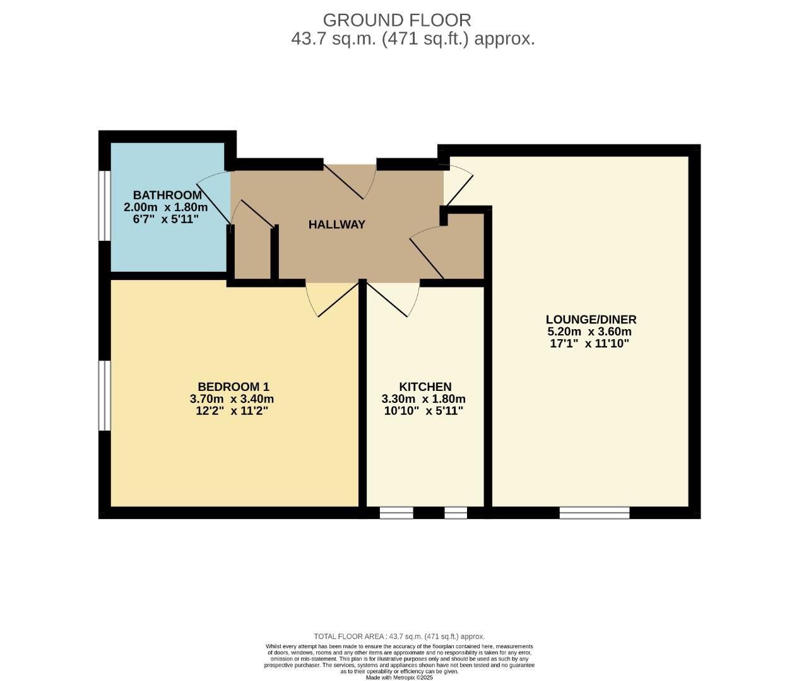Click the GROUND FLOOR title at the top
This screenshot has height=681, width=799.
pos(396,20)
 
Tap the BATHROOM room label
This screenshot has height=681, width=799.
pos(167,195)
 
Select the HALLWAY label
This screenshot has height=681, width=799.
pos(336,224)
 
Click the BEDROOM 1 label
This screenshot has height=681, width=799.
pos(234,387)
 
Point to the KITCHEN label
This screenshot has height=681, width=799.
pos(425,387)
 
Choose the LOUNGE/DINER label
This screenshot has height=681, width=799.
pos(591,319)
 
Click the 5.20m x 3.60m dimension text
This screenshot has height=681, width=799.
pos(589,332)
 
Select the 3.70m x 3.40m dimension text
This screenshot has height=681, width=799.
pos(232,399)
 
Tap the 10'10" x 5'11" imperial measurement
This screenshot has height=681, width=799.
pos(423,411)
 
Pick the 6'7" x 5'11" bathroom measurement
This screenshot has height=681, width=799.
pos(166,219)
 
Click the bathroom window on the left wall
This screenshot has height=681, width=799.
pos(105,206)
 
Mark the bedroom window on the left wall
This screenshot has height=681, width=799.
pos(105,395)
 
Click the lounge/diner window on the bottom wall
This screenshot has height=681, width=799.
pos(594,513)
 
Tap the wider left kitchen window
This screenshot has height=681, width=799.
pos(396,513)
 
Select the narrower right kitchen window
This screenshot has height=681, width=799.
pos(456,513)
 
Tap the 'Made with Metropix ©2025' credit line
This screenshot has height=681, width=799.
pos(399,677)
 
